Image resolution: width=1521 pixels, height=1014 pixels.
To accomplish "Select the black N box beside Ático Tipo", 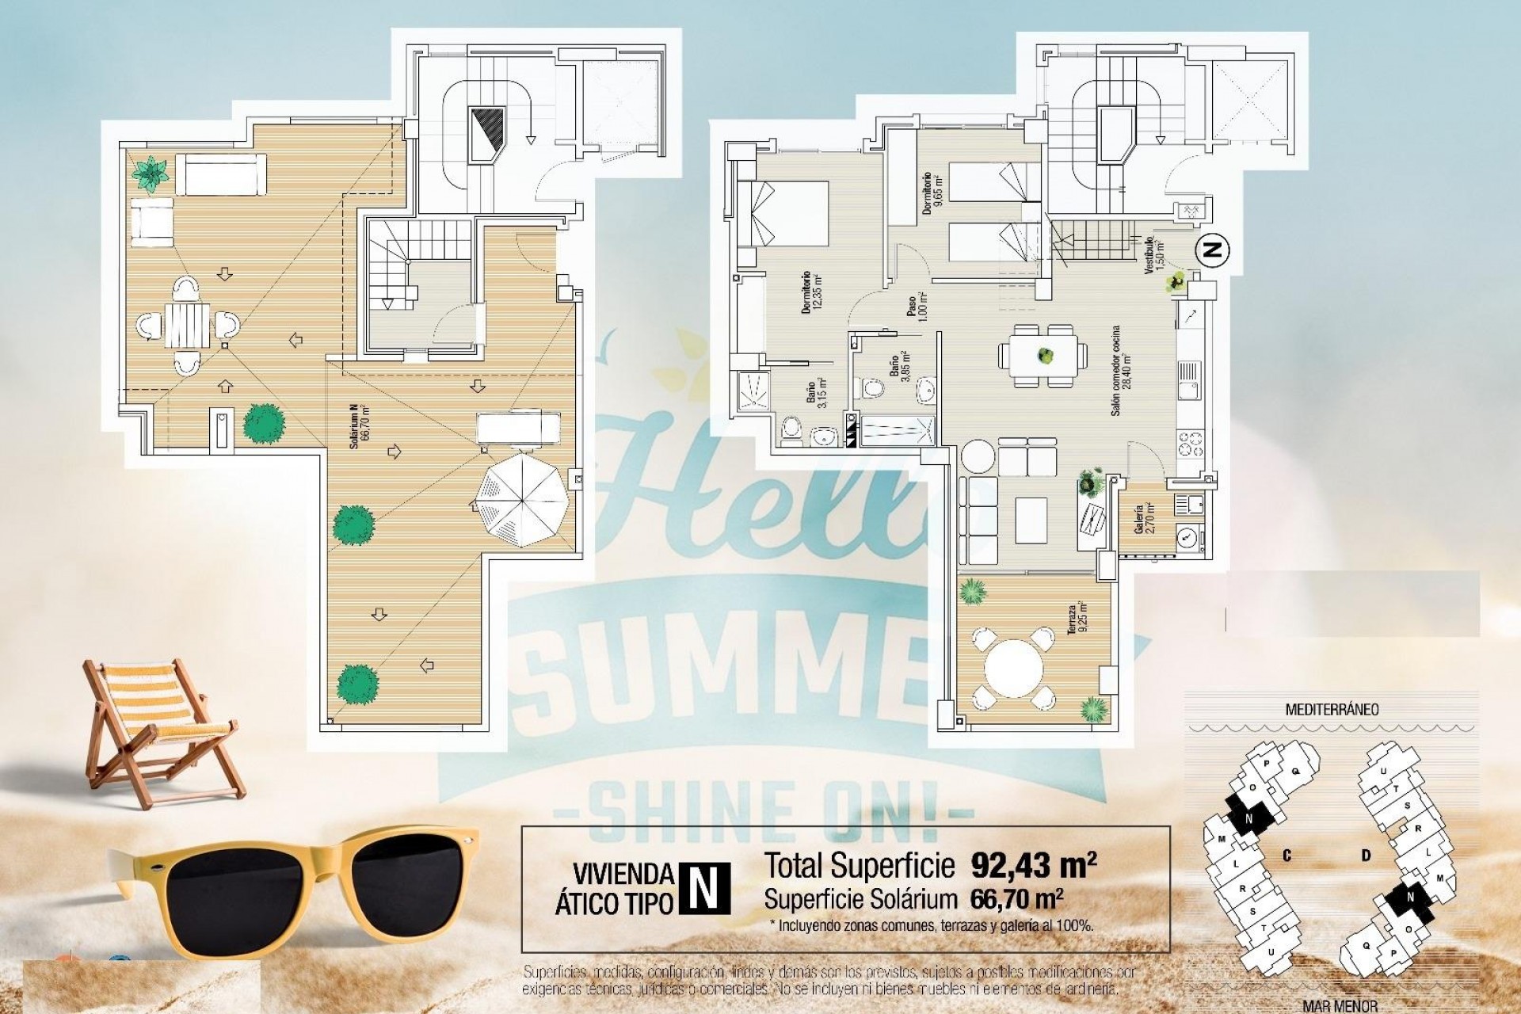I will point(704,887).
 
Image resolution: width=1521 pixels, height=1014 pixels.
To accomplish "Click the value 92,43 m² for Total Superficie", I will point(1033,865).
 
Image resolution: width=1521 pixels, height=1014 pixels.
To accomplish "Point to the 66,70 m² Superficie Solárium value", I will point(1016,899).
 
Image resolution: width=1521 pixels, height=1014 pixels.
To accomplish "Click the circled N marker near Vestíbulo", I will point(1211,250).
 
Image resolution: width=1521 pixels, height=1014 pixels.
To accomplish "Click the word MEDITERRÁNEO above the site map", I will point(1331,709).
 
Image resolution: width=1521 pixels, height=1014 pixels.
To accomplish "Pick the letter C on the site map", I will point(1287,856).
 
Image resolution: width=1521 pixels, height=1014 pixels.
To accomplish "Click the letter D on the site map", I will point(1366,856).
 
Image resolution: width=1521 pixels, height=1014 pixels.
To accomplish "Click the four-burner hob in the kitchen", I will point(1190,444).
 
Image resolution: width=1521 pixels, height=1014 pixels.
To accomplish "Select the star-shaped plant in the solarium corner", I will point(150,173).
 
